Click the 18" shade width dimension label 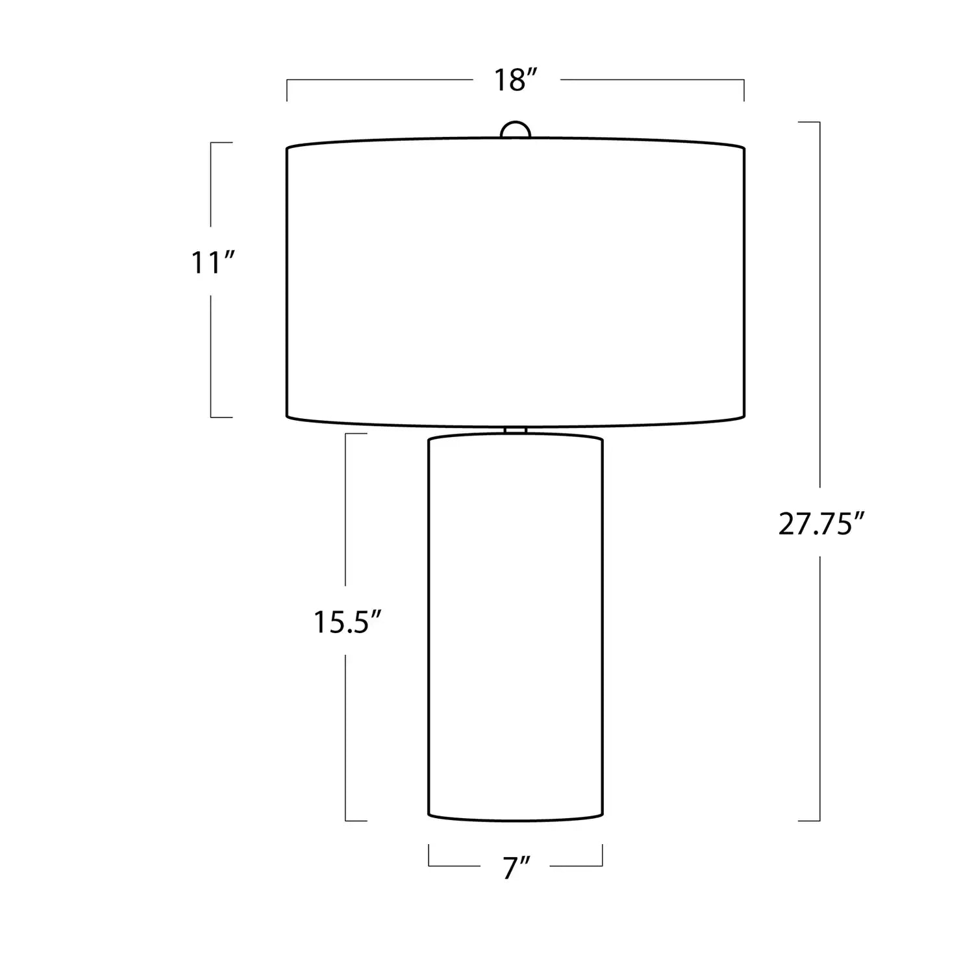click(516, 80)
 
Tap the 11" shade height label click(212, 263)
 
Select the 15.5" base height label click(346, 622)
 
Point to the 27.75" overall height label click(821, 523)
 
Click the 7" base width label click(516, 868)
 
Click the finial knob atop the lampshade click(516, 129)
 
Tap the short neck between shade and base click(516, 430)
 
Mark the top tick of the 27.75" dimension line click(809, 122)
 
